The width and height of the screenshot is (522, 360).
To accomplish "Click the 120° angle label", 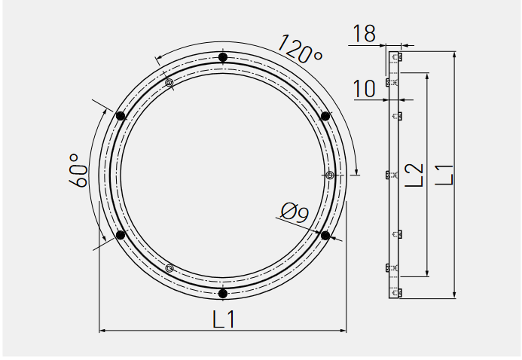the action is tap(301, 49).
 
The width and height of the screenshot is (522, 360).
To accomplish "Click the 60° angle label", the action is tap(78, 170).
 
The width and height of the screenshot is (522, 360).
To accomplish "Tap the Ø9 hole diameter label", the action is tap(295, 212).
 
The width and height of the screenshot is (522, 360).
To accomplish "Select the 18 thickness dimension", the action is tap(364, 33).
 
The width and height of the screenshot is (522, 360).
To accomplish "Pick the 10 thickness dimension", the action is tap(364, 89).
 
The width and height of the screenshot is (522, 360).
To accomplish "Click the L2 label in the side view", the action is tap(414, 175).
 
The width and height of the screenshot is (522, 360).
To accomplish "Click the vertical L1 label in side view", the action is tap(444, 174).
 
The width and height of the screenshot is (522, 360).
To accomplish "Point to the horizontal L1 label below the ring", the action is tap(224, 319).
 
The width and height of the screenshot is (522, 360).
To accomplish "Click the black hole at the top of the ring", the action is tap(223, 57).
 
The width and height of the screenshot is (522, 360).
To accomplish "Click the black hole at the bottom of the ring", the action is tap(223, 294).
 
